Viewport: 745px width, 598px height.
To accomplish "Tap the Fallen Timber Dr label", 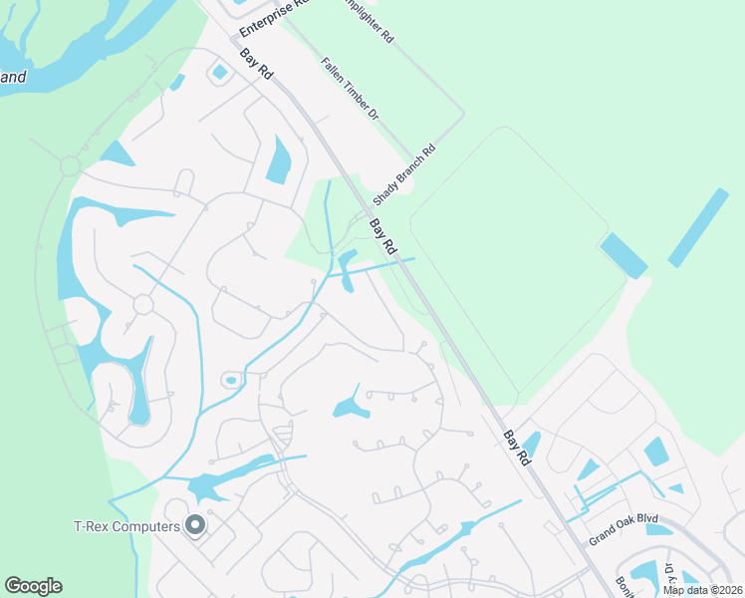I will coord(350,89).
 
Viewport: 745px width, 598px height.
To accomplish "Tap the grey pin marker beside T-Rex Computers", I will coord(196,524).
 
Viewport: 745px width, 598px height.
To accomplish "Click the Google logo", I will coord(33,586).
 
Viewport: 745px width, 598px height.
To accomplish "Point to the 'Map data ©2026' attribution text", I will coord(702,590).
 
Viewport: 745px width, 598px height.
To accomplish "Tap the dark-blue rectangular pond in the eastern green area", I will coord(623,255).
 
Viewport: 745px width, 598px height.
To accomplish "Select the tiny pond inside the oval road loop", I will coord(231,380).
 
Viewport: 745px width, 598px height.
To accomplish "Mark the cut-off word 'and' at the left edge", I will coord(13,77).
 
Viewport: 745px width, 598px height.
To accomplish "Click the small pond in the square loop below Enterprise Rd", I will coord(220,72).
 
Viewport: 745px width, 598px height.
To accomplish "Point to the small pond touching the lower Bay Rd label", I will coord(531,443).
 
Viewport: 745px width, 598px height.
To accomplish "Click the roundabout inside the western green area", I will coord(70,165).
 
